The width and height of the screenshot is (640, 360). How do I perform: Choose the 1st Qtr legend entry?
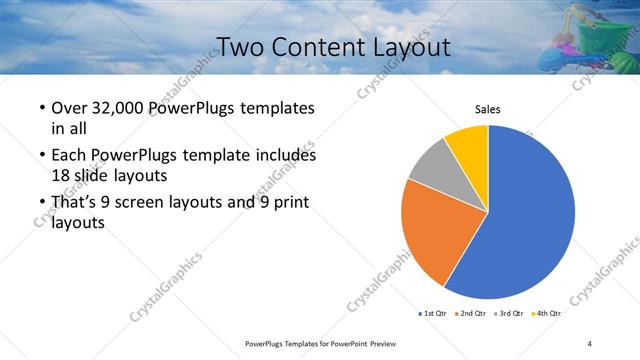click(x=433, y=313)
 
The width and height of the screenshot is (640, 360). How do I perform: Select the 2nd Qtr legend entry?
click(x=472, y=313)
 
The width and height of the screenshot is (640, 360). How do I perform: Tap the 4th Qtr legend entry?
click(x=547, y=313)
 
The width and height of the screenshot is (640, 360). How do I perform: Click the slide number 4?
click(x=590, y=343)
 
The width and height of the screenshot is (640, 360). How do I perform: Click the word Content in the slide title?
click(x=337, y=47)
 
